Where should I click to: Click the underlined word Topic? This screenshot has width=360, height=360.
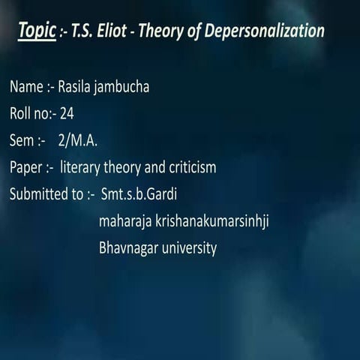[37, 31]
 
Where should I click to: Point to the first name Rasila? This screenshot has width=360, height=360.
[79, 87]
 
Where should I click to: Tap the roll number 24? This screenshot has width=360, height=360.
[66, 114]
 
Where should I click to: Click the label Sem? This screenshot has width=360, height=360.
[22, 140]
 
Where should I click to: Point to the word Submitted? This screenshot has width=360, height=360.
[39, 194]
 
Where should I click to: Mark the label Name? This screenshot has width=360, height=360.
[26, 87]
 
